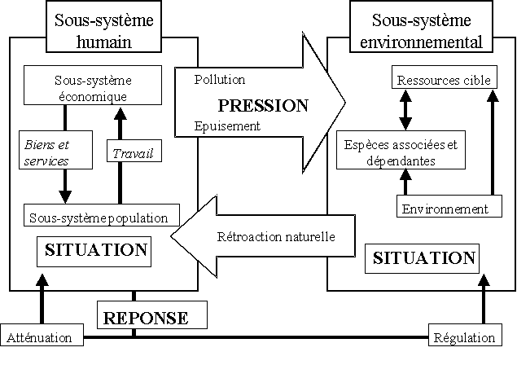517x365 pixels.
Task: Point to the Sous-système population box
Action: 99,218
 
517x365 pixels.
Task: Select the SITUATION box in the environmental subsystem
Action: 423,258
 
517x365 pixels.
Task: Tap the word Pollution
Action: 220,80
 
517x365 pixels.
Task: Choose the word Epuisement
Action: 227,126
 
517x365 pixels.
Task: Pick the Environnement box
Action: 445,209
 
